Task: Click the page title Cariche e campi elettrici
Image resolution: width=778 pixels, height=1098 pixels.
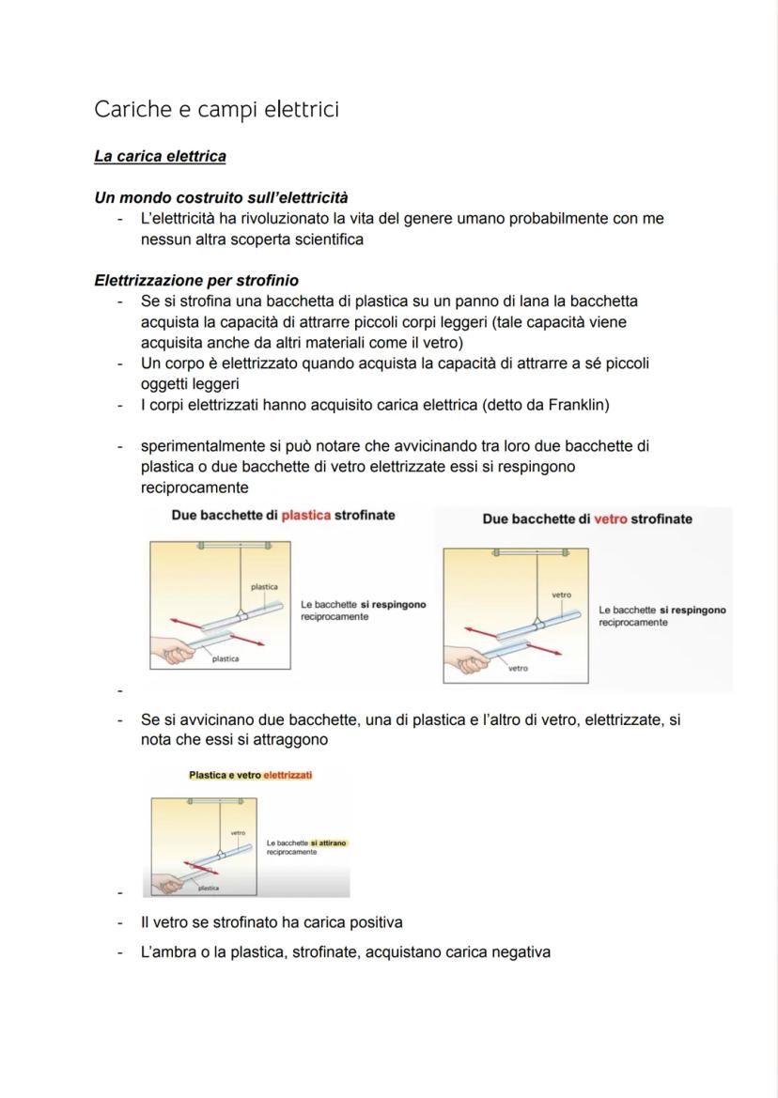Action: (x=216, y=110)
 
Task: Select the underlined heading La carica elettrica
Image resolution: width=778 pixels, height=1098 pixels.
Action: (x=160, y=156)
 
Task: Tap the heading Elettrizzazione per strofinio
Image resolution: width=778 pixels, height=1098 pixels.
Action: (x=196, y=280)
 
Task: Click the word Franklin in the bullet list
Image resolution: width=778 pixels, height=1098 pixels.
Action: (x=574, y=405)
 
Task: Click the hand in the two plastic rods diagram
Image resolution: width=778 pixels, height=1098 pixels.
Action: (x=174, y=652)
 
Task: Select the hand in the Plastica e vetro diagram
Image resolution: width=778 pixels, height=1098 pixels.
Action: (x=166, y=885)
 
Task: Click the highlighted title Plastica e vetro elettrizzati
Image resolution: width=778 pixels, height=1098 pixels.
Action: (x=250, y=775)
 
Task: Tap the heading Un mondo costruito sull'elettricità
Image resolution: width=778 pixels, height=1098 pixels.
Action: (x=221, y=197)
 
